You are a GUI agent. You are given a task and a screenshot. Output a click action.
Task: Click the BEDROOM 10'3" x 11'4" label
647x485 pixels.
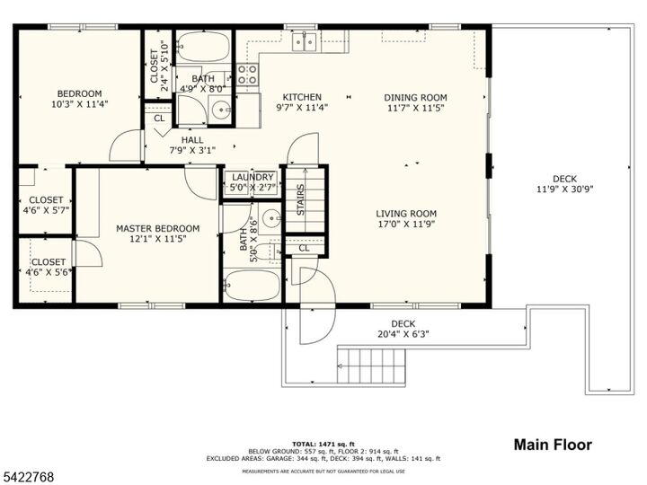pyautogui.click(x=79, y=99)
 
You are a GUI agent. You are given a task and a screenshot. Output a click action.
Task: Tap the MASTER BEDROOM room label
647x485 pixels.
pyautogui.click(x=157, y=234)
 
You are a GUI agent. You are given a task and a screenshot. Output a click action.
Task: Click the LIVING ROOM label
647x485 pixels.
pyautogui.click(x=406, y=219)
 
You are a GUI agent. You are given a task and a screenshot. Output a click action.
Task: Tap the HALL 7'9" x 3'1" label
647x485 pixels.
pyautogui.click(x=191, y=145)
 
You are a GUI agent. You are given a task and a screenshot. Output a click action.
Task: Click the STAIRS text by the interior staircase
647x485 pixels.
pyautogui.click(x=301, y=199)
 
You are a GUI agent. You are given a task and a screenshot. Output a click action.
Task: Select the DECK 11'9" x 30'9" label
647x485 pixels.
pyautogui.click(x=564, y=184)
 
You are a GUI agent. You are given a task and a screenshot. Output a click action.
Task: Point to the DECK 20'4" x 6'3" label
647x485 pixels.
pyautogui.click(x=403, y=329)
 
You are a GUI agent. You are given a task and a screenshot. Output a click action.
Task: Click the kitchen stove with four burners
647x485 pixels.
pyautogui.click(x=247, y=74)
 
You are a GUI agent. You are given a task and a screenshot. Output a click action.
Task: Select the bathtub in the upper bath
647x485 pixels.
pyautogui.click(x=203, y=46)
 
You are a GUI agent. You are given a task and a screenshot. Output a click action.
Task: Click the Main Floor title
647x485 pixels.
pyautogui.click(x=552, y=445)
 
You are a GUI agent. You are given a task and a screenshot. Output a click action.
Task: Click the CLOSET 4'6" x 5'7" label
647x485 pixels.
pyautogui.click(x=46, y=205)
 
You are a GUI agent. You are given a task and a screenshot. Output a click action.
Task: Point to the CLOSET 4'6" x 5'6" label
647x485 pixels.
pyautogui.click(x=46, y=267)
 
